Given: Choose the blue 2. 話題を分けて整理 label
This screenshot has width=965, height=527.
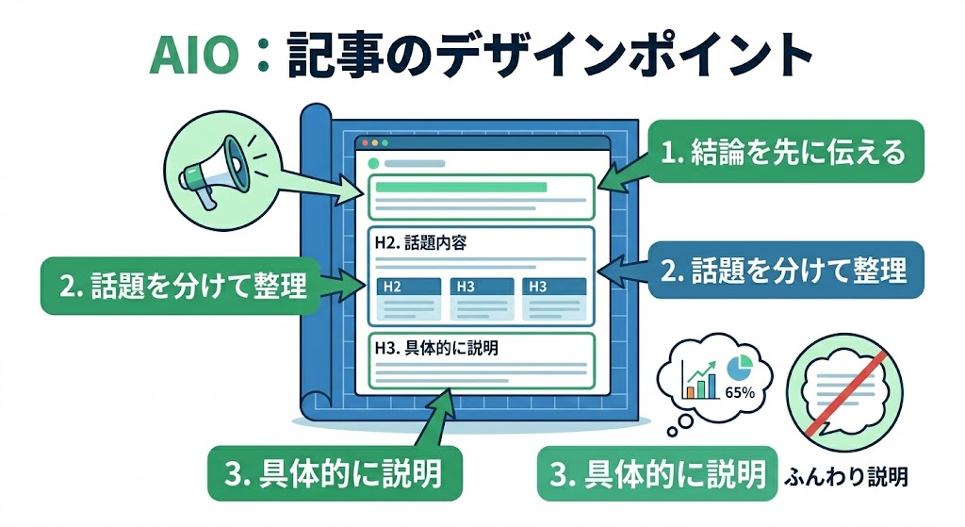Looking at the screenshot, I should (x=784, y=271).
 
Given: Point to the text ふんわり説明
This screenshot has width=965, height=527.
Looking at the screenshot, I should (x=845, y=476).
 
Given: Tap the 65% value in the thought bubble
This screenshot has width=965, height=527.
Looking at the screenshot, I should (x=739, y=392).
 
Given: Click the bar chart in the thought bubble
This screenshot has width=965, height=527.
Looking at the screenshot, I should (x=698, y=377).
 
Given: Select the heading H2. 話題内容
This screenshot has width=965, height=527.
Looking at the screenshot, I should (x=421, y=242).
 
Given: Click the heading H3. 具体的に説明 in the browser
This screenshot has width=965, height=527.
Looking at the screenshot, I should (x=435, y=347).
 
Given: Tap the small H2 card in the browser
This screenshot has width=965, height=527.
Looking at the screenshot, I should (x=408, y=299).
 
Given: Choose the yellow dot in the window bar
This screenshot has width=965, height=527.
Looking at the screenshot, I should (x=374, y=143).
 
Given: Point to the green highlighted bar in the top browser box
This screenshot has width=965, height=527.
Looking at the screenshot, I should (x=461, y=187).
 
